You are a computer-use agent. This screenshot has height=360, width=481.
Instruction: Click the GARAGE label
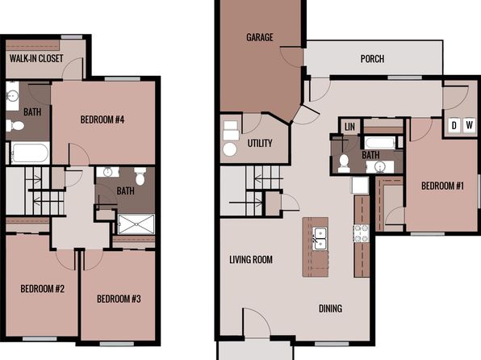coord(260,37)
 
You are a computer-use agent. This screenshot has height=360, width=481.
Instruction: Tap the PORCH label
coord(372,59)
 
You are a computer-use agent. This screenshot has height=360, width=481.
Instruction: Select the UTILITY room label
coord(260,143)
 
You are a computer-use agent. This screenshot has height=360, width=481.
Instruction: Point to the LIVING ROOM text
coord(251,260)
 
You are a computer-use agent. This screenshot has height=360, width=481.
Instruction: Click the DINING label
coord(330,308)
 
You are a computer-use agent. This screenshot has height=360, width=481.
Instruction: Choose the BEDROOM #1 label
coord(442,186)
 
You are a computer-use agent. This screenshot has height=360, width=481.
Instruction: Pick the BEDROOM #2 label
coord(42,289)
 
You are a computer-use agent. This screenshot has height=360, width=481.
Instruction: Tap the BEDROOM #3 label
coord(119,299)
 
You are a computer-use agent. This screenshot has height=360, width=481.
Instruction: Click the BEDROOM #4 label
coord(102,119)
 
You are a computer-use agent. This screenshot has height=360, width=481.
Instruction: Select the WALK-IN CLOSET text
coord(36,58)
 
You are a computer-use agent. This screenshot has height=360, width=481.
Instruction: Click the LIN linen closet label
coord(349,127)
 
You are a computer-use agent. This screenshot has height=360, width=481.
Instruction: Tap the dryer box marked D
coord(454,125)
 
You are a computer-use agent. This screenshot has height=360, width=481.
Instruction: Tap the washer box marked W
coord(469,125)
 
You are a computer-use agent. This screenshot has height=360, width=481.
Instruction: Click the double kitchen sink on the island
coord(320,238)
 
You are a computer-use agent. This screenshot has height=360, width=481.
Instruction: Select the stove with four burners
coord(361,233)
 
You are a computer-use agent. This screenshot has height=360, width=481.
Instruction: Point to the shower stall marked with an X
coord(136,224)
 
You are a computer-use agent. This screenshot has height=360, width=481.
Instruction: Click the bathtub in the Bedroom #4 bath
coord(30,153)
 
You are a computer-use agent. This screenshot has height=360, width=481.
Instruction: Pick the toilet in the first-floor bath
coord(344,163)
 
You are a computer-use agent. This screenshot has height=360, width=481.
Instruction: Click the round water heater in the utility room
coord(230,149)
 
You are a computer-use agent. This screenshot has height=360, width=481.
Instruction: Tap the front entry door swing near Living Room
coord(257,322)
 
